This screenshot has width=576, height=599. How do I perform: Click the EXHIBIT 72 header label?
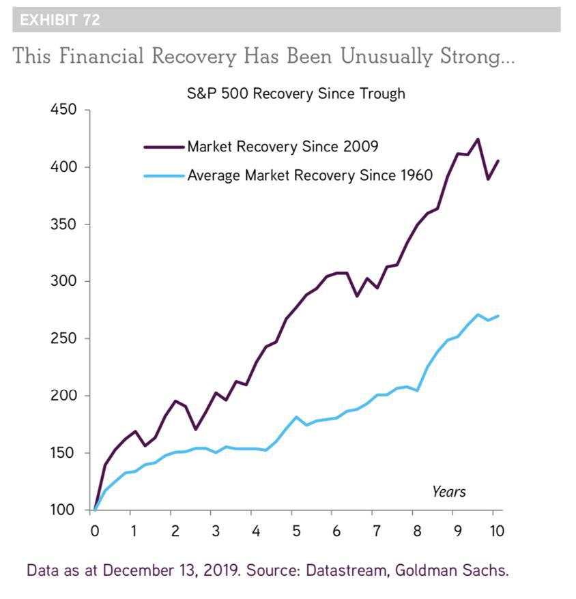(x=60, y=20)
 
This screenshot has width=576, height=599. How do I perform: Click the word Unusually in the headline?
(x=386, y=57)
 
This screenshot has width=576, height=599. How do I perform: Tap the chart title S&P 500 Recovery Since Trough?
(x=296, y=93)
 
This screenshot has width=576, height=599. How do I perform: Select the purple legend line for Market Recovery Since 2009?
(x=164, y=147)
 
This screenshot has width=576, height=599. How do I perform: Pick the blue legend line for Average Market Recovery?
(x=164, y=176)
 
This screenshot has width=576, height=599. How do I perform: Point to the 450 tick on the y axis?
(x=63, y=110)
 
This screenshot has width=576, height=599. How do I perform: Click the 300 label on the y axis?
(x=63, y=281)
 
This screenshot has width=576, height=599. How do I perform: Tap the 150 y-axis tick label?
(x=62, y=453)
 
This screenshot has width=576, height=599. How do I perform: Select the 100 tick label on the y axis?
(x=62, y=510)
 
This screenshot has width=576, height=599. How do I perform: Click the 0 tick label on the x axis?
(x=95, y=531)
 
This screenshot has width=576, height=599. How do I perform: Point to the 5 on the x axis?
(x=296, y=531)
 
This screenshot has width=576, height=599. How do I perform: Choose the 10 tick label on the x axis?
(x=497, y=531)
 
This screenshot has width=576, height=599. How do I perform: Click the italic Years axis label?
(x=449, y=492)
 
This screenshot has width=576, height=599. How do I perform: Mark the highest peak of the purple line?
(x=478, y=139)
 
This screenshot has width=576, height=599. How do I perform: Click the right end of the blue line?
(x=498, y=316)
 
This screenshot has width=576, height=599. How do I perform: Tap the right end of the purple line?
(x=498, y=161)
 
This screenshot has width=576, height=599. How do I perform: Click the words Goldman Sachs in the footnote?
(x=452, y=570)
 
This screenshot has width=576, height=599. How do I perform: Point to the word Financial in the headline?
(x=102, y=56)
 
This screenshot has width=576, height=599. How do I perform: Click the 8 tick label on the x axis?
(x=417, y=531)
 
